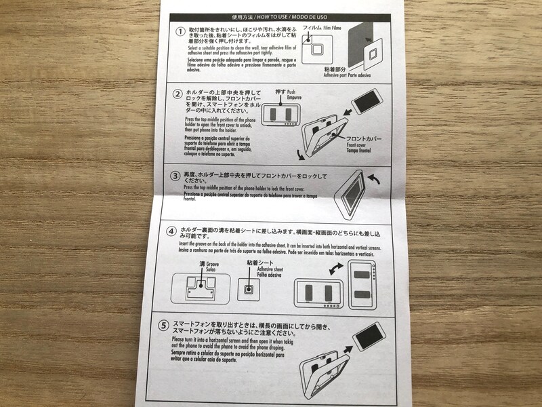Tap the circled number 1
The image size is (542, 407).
180,32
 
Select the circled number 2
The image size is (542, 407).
178,94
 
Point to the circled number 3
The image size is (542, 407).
175,174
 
